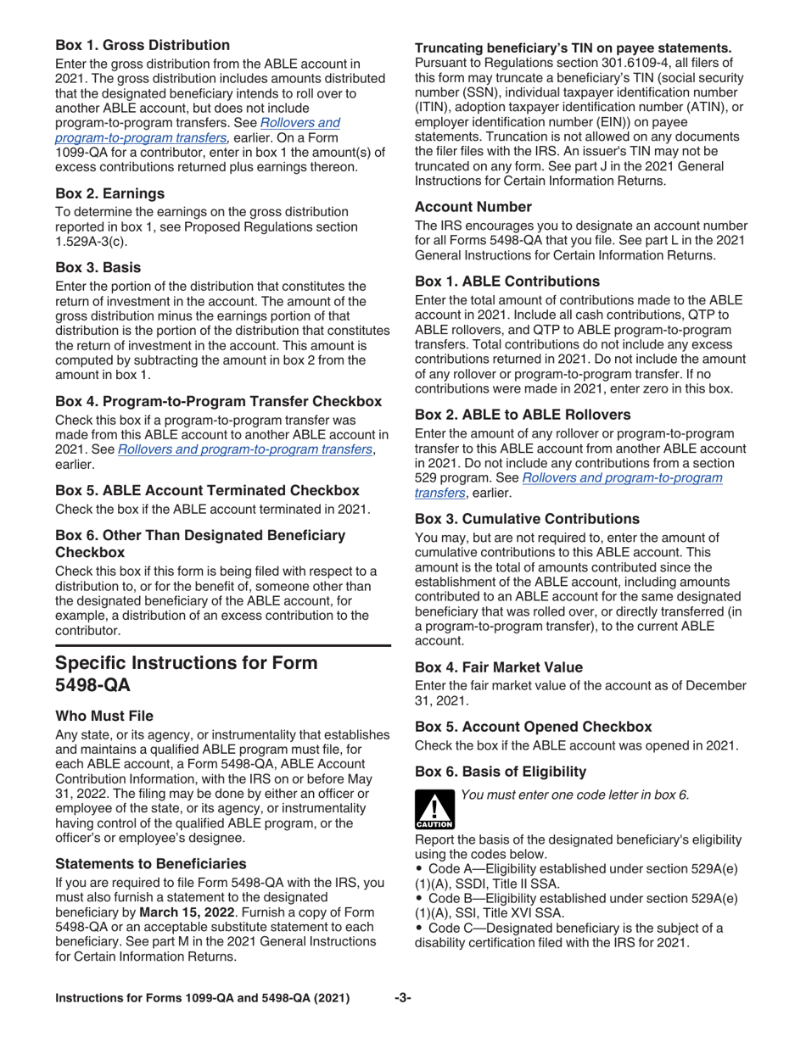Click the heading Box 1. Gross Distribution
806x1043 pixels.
click(143, 44)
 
